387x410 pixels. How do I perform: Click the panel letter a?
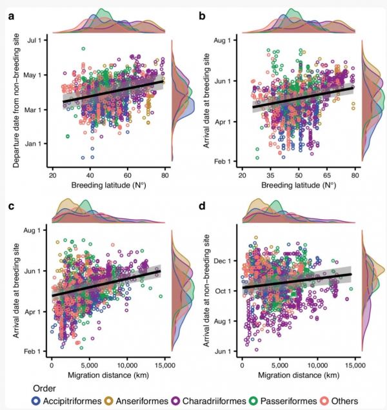point(12,17)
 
